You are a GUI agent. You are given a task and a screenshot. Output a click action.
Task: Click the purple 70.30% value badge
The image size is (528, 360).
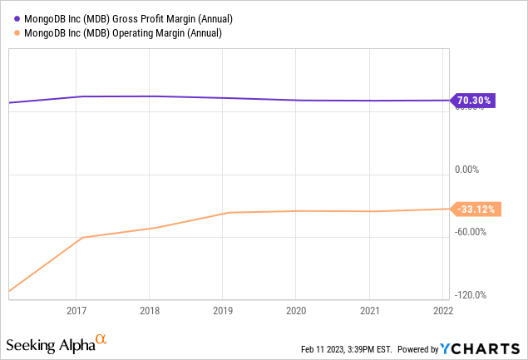pyautogui.click(x=474, y=101)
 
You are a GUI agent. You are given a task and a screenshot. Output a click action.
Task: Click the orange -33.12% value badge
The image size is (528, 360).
pyautogui.click(x=474, y=210)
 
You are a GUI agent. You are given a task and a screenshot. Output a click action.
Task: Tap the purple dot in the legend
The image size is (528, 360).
pyautogui.click(x=17, y=17)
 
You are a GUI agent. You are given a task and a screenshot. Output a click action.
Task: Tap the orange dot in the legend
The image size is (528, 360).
pyautogui.click(x=17, y=32)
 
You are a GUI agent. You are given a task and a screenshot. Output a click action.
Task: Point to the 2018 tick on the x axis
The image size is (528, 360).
pyautogui.click(x=150, y=310)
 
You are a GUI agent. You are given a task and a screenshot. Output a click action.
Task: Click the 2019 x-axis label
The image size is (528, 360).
pyautogui.click(x=223, y=310)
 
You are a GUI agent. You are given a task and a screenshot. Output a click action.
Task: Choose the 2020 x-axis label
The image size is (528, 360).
pyautogui.click(x=296, y=310)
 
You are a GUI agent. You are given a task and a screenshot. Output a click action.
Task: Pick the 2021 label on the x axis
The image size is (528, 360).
pyautogui.click(x=369, y=310)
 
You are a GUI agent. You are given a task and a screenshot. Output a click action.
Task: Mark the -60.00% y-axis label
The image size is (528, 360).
pyautogui.click(x=471, y=232)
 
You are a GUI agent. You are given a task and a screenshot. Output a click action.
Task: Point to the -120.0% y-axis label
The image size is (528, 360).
pyautogui.click(x=471, y=295)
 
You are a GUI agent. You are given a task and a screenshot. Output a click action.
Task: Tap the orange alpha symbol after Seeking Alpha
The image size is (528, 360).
pyautogui.click(x=101, y=339)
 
